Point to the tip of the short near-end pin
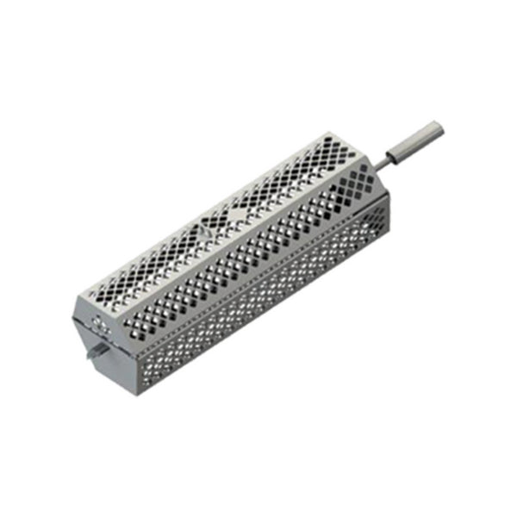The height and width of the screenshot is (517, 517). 89,356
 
